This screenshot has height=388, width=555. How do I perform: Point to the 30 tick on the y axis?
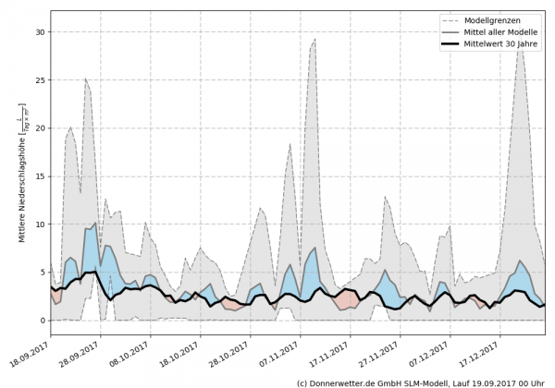tap(40, 31)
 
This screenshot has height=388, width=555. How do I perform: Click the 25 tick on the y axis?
tap(40, 79)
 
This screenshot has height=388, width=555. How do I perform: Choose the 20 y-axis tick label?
tap(40, 127)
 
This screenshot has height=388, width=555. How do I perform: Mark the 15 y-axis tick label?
tap(40, 176)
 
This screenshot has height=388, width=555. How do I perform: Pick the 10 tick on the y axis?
tap(40, 224)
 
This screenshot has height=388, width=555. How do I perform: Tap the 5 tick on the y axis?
tap(43, 273)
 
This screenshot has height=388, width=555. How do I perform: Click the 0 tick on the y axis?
tap(43, 321)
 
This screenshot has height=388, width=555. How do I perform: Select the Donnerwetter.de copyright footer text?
tap(420, 382)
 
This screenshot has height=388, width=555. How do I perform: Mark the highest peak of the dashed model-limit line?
tap(522, 42)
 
